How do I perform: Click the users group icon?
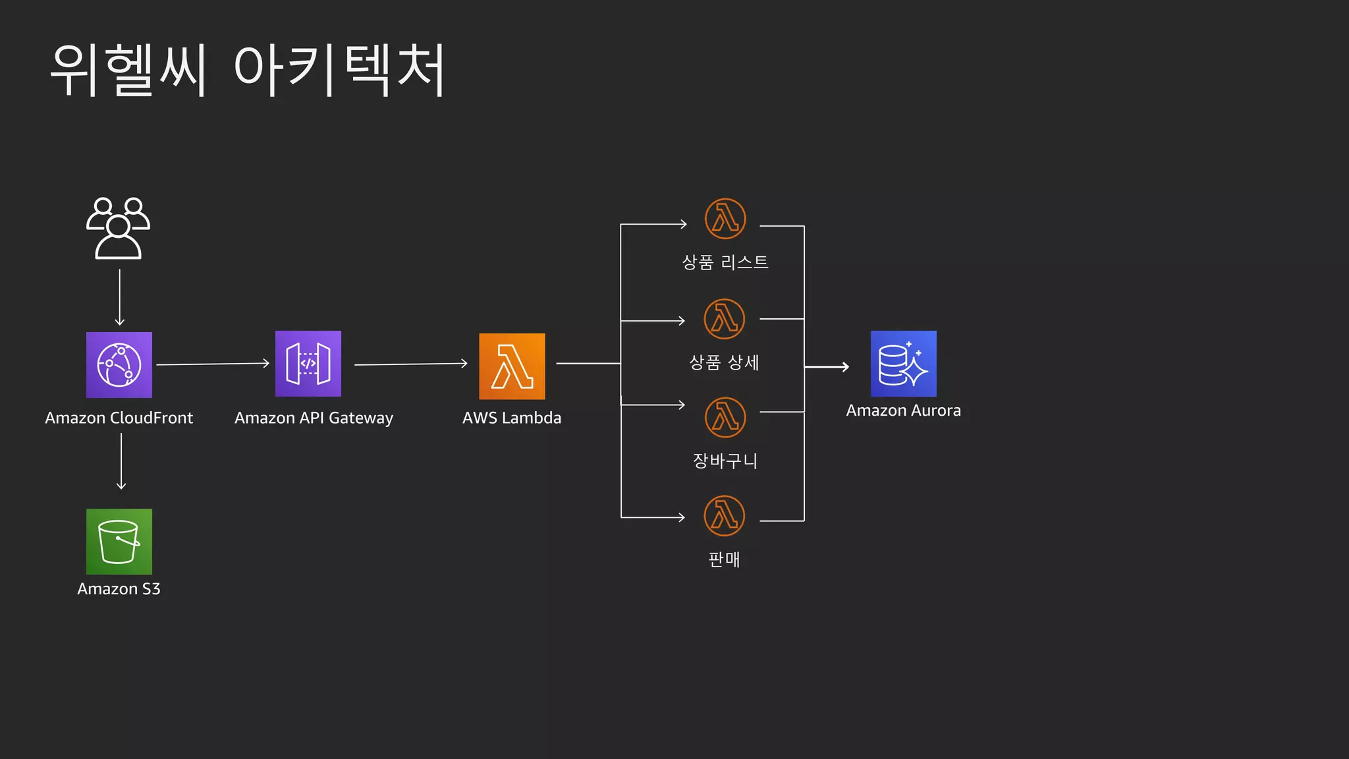tap(119, 228)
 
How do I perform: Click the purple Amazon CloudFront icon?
tap(119, 365)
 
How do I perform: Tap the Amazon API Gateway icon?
tap(308, 364)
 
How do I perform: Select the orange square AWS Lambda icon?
tap(512, 366)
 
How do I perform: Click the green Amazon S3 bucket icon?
tap(119, 542)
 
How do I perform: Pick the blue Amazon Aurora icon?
tap(903, 364)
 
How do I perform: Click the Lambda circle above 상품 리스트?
tap(725, 219)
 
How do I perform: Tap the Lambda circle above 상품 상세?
tap(725, 319)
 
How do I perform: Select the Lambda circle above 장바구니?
tap(725, 417)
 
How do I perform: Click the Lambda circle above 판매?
tap(725, 515)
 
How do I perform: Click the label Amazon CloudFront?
tap(119, 418)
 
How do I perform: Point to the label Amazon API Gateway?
tap(314, 418)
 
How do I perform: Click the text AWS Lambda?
tap(512, 418)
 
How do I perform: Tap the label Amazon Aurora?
tap(903, 410)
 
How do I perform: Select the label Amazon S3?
tap(119, 588)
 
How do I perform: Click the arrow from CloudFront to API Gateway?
tap(213, 364)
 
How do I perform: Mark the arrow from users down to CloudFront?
tap(120, 296)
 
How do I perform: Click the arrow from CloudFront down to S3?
tap(121, 461)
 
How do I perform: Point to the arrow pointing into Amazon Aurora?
tap(827, 367)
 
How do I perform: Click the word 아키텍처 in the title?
tap(340, 70)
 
